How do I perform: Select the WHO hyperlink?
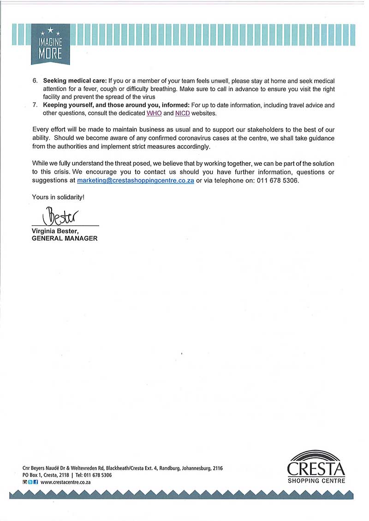point(154,113)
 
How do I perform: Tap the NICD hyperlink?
point(183,113)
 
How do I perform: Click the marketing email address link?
point(135,181)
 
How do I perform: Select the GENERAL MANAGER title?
point(65,239)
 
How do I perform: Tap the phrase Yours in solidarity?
point(58,197)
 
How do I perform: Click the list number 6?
point(35,81)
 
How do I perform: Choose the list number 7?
point(35,105)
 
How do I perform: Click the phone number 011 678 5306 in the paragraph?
point(275,181)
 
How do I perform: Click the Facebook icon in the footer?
point(35,482)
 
